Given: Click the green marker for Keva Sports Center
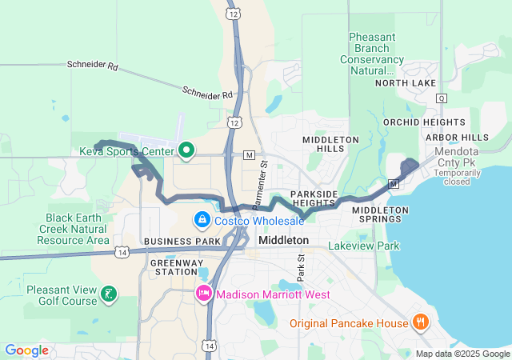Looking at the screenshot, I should click(187, 150).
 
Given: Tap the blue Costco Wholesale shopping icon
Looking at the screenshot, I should click(202, 219).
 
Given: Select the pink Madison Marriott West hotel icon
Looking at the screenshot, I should click(204, 294).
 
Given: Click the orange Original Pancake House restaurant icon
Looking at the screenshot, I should click(421, 322).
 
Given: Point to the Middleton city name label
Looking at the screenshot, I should click(284, 240).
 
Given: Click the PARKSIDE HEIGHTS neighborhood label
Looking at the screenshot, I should click(313, 198).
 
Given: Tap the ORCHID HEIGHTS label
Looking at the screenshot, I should click(424, 122).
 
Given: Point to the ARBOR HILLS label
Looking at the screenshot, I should click(457, 138).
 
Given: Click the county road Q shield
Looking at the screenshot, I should click(441, 98).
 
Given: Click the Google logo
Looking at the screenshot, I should click(26, 350).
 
